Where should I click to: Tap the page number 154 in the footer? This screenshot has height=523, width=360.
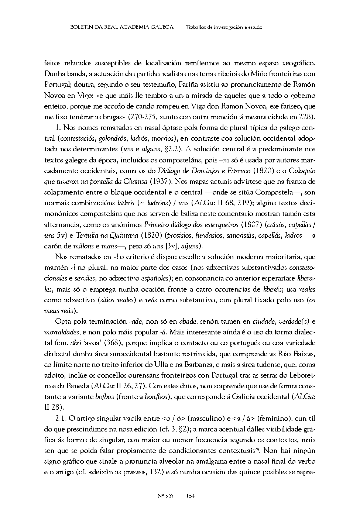coord(191,495)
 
